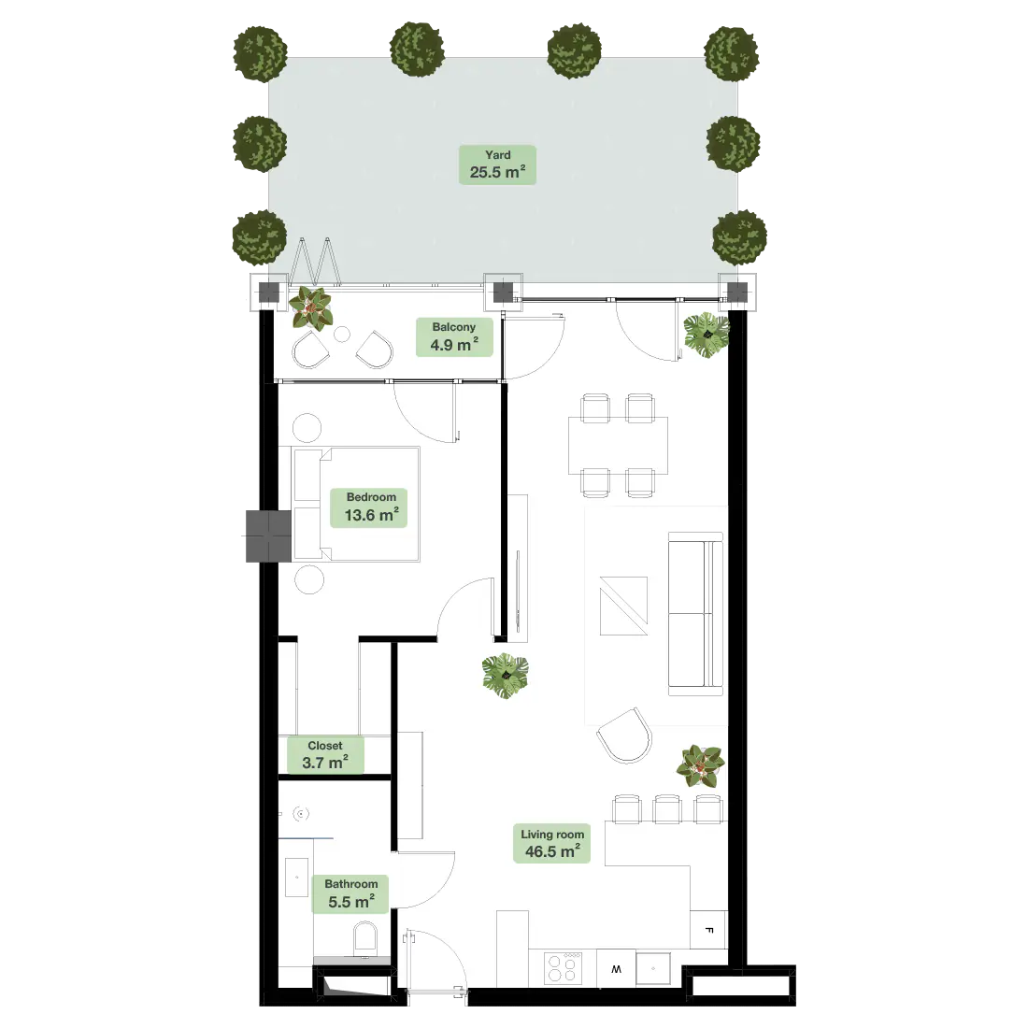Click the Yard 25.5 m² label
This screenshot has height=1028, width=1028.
click(497, 164)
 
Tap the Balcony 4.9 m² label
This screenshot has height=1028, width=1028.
click(454, 337)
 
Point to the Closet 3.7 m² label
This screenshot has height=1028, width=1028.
click(326, 755)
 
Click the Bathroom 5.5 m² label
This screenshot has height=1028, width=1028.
click(350, 893)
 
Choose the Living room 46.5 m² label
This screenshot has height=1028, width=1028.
click(552, 843)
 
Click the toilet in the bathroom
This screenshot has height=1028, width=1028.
click(365, 939)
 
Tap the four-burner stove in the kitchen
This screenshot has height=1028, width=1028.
click(564, 967)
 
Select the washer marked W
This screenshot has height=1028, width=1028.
click(616, 968)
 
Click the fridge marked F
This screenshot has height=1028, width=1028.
click(708, 930)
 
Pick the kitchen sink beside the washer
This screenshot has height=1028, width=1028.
click(653, 968)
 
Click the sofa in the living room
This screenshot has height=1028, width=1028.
click(695, 614)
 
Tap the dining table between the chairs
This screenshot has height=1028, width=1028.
click(618, 445)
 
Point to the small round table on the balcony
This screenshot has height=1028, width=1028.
click(342, 334)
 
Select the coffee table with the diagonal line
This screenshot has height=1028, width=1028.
click(623, 606)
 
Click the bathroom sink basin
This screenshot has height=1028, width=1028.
click(297, 877)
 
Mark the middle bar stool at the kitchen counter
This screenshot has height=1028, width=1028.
click(667, 808)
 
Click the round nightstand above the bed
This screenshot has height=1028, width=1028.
click(307, 427)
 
